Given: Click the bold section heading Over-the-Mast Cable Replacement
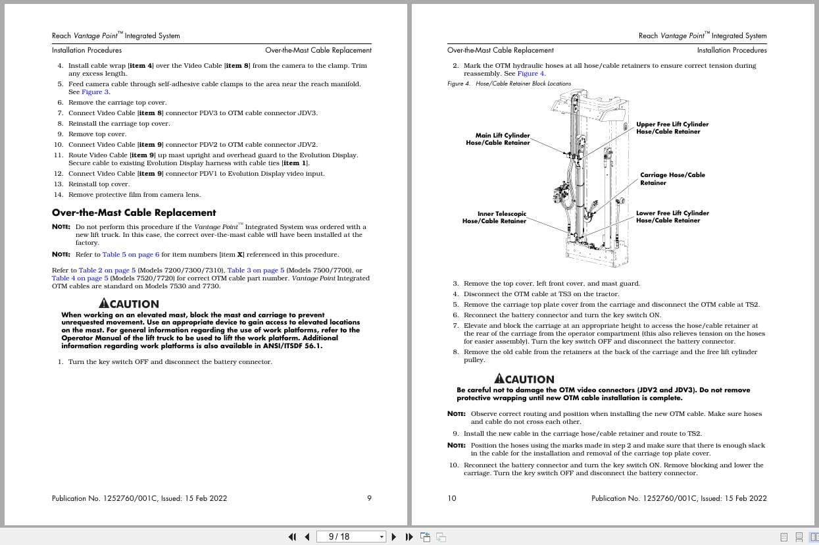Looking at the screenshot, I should point(134,213).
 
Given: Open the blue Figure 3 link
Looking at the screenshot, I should point(95,92).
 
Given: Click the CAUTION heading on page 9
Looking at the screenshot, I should point(129,304).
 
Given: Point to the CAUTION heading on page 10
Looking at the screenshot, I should point(524,379).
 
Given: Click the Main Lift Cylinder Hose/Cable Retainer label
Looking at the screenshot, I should point(498,139).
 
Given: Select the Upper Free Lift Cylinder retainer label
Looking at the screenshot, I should point(672,128).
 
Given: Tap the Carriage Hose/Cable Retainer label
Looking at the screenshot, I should point(672,179).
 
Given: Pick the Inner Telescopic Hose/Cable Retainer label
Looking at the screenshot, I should point(494,217).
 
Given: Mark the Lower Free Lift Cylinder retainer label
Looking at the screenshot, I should point(672,217).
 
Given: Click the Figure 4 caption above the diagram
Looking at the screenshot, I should point(509,84).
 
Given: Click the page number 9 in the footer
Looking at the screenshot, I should point(369,498).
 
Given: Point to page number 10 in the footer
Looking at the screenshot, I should point(451,498).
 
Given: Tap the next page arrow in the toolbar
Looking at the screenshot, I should point(394,536).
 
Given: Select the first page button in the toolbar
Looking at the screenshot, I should point(292,536).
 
